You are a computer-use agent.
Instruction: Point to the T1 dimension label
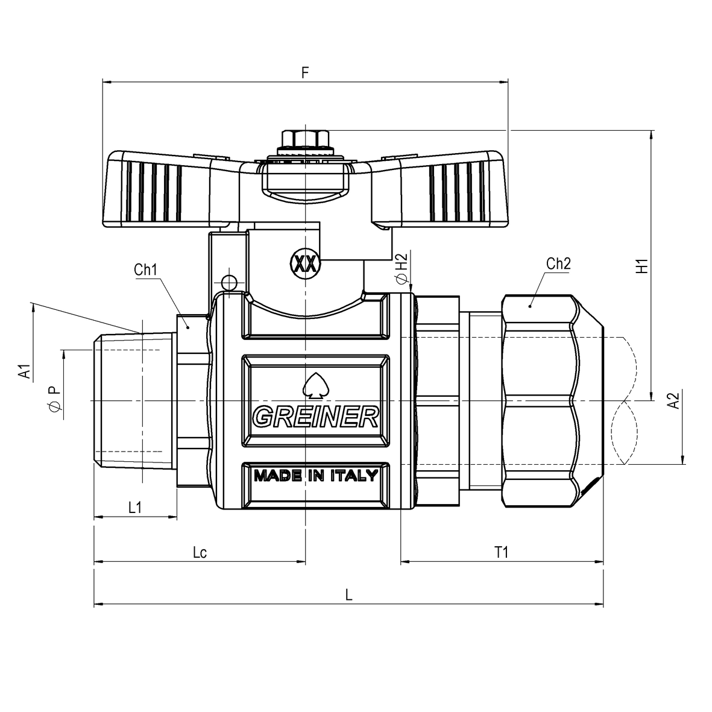(501, 552)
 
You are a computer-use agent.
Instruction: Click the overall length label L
(348, 594)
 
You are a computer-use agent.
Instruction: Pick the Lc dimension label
(200, 552)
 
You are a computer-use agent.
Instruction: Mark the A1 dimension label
(24, 371)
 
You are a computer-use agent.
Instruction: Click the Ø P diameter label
(54, 400)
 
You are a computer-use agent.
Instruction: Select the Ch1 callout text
(145, 269)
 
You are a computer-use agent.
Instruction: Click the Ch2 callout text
(558, 263)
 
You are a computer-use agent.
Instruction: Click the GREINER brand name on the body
(315, 417)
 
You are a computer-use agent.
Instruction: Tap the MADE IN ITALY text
(315, 476)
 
